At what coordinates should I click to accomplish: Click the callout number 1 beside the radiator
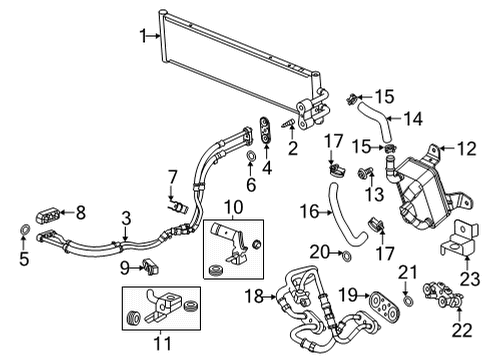coord(144,36)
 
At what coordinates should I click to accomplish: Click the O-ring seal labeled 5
coord(21,237)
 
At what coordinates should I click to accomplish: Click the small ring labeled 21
coord(409,299)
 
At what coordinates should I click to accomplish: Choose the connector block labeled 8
coord(47,212)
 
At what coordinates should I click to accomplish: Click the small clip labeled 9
coord(150,266)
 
